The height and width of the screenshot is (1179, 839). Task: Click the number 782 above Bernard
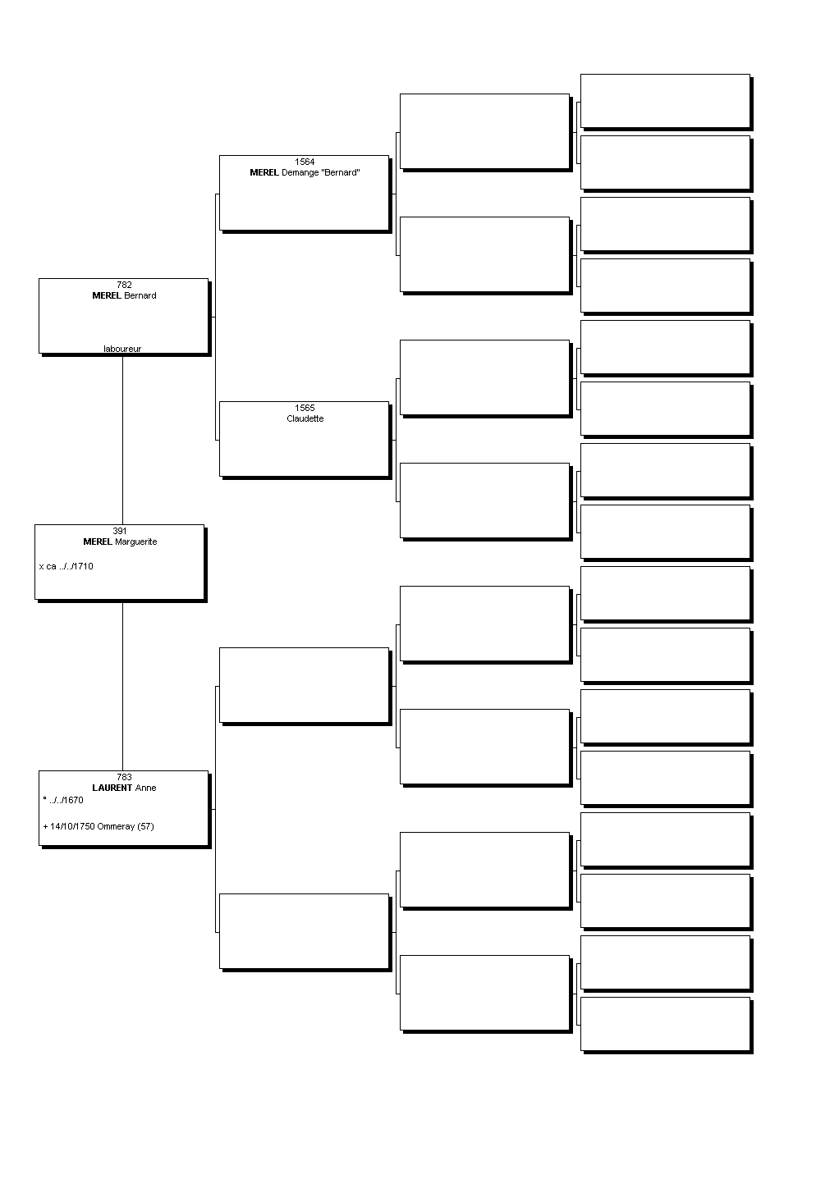[124, 285]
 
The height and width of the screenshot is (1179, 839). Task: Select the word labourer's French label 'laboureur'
[122, 349]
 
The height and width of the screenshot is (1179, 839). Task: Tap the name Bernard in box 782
[140, 295]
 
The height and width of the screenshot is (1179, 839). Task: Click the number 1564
[305, 162]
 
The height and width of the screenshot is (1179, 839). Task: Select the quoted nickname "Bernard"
[340, 172]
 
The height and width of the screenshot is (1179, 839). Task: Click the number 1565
[305, 408]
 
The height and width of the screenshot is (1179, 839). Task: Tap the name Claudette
[305, 418]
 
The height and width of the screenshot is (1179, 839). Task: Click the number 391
[120, 531]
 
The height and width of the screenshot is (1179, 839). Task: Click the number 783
[124, 777]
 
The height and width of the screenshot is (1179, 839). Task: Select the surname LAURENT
[112, 788]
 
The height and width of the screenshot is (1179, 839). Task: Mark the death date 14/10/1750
[73, 826]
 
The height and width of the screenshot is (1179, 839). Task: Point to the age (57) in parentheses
[146, 826]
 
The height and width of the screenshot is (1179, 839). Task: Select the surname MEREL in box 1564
[264, 172]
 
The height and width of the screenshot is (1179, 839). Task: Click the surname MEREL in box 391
[98, 542]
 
